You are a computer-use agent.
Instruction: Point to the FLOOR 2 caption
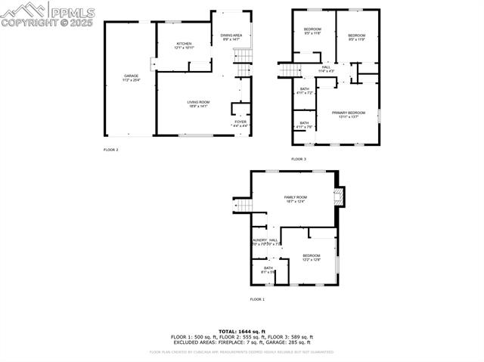click(x=111, y=150)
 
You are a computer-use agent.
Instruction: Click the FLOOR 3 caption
click(x=299, y=159)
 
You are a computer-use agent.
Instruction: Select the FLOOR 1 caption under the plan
click(x=258, y=299)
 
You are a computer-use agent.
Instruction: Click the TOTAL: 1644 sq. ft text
click(x=241, y=332)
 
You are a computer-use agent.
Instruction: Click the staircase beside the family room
click(x=242, y=206)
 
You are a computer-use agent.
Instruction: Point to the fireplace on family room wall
click(x=339, y=196)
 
